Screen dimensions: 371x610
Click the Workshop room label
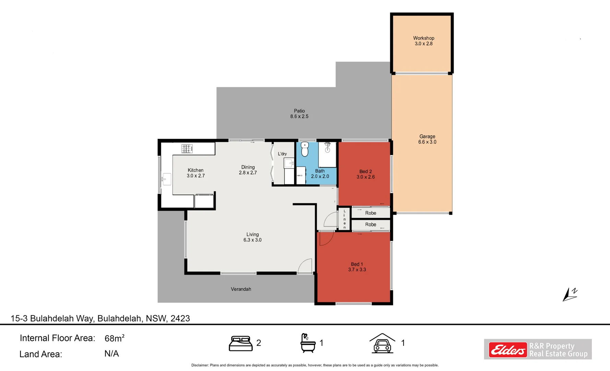click(423, 38)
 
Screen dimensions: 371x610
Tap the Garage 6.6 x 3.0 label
click(427, 139)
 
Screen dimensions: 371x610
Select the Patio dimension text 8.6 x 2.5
click(299, 116)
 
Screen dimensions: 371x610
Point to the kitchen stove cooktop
click(187, 149)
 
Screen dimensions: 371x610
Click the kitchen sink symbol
click(166, 179)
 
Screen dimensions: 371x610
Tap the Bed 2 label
click(366, 171)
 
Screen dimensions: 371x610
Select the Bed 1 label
click(357, 264)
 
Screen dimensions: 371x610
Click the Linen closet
click(344, 219)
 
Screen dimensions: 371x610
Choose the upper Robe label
click(370, 213)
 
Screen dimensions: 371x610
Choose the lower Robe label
click(370, 224)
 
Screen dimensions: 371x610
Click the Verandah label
click(241, 289)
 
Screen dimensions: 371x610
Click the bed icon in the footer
click(241, 343)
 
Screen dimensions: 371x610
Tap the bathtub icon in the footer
click(308, 343)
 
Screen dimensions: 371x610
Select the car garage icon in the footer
click(382, 343)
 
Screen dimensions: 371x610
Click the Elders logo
click(507, 350)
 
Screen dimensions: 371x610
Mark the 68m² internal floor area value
click(114, 338)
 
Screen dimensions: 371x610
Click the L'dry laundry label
click(282, 154)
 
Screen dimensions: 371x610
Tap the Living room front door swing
click(305, 266)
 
